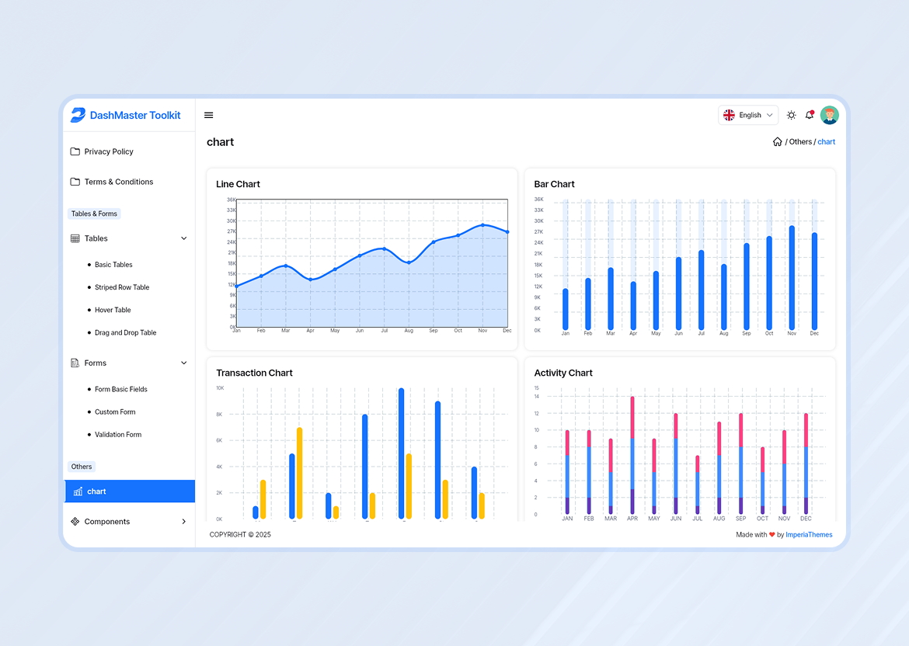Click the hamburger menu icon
click(x=209, y=115)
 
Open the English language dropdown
click(x=748, y=115)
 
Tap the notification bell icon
click(x=810, y=115)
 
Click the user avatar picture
click(x=830, y=115)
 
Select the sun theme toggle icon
click(x=791, y=115)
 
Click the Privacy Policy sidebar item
click(x=109, y=151)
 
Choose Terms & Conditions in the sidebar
click(x=118, y=182)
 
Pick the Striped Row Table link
click(x=122, y=287)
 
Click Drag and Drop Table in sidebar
click(x=125, y=332)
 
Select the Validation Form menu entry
click(x=118, y=435)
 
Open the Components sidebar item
click(x=107, y=522)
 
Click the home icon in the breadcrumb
click(x=777, y=142)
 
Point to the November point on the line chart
click(x=482, y=225)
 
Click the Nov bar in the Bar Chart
click(x=792, y=277)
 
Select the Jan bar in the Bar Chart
click(x=566, y=309)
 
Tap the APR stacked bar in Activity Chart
click(x=632, y=455)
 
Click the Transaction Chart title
click(x=254, y=373)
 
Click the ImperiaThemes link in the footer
click(x=809, y=535)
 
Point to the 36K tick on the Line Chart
click(x=232, y=200)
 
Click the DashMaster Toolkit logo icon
click(x=78, y=115)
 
